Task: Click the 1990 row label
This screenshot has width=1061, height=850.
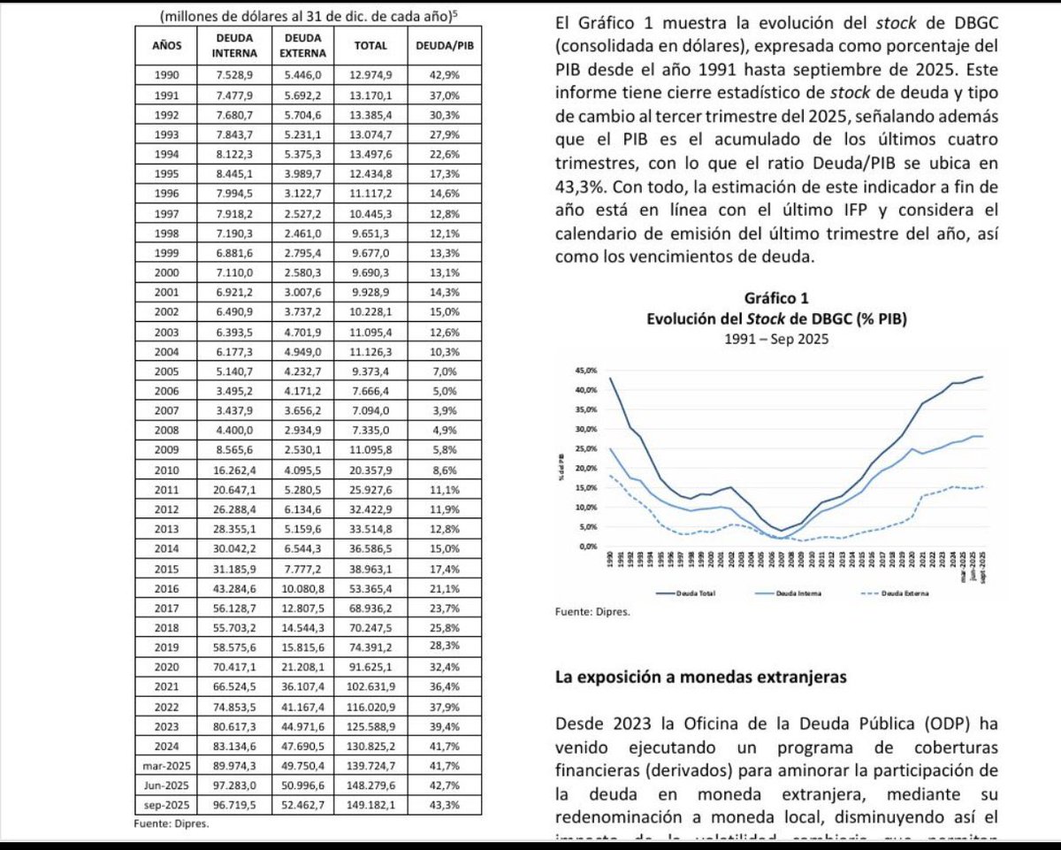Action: [166, 75]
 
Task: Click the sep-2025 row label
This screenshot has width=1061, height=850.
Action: [166, 804]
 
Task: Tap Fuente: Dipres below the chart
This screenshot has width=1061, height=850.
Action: [592, 609]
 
